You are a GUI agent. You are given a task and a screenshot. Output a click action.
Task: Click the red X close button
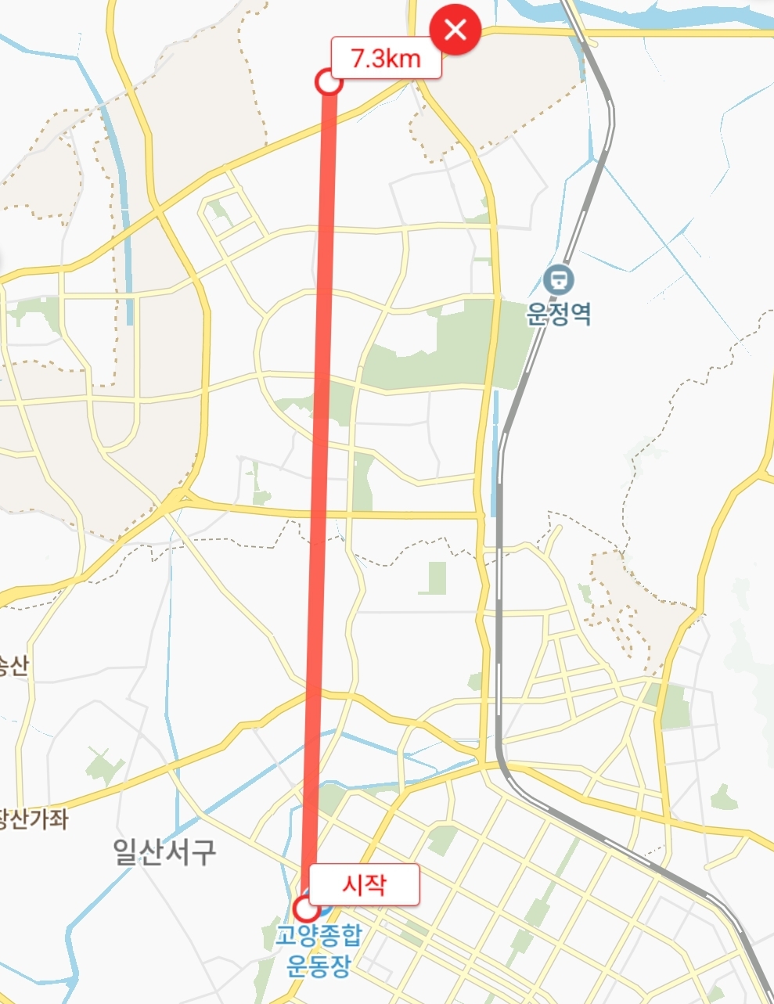455,31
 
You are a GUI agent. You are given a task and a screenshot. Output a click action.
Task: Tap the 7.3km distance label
386,58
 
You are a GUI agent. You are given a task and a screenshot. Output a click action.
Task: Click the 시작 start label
364,883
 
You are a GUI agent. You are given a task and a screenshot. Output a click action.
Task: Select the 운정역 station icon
559,278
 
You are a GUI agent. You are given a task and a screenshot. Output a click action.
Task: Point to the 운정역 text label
559,314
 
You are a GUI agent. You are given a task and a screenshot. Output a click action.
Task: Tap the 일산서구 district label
164,851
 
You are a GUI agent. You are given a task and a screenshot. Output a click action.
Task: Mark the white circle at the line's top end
329,82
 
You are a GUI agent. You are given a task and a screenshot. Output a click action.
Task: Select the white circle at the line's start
306,909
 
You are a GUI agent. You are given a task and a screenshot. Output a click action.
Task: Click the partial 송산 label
13,666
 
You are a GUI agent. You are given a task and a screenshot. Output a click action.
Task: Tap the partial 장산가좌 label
33,819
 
